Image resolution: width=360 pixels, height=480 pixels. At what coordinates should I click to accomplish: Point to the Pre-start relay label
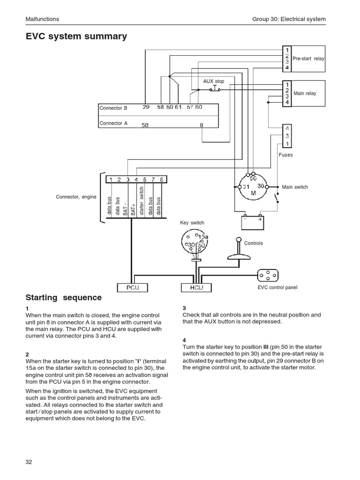(308, 59)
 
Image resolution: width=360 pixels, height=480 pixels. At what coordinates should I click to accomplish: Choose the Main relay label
(305, 93)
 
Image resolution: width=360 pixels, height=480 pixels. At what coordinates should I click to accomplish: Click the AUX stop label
(213, 82)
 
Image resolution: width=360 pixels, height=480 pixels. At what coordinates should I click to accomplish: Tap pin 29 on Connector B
(146, 107)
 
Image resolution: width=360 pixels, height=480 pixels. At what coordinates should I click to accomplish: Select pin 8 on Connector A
(202, 125)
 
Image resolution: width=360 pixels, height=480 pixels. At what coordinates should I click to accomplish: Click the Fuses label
(285, 155)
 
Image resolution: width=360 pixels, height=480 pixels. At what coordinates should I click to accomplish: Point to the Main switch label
(295, 187)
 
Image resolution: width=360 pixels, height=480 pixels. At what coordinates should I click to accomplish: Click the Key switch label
(192, 223)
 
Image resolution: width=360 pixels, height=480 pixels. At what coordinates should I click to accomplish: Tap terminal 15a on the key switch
(203, 236)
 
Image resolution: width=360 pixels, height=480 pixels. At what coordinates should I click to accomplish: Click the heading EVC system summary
(76, 36)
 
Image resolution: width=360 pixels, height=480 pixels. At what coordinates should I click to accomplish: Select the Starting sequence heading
(63, 298)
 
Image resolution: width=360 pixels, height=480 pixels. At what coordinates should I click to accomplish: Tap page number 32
(29, 462)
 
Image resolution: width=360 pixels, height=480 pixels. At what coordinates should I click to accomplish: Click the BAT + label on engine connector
(134, 207)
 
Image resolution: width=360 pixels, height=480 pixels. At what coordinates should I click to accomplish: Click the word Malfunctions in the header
(42, 19)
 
